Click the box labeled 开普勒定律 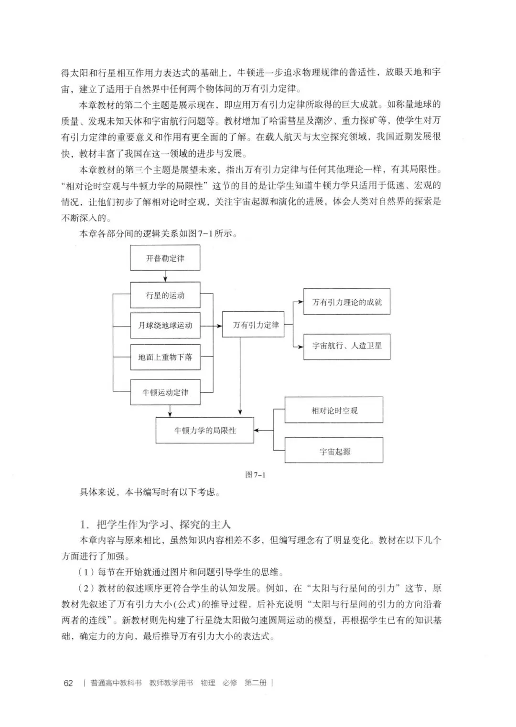click(165, 258)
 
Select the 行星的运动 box click(165, 295)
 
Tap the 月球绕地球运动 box click(165, 326)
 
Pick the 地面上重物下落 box click(165, 357)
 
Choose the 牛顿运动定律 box click(165, 392)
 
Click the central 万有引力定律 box click(256, 325)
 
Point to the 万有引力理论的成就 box click(347, 302)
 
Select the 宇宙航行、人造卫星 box click(347, 346)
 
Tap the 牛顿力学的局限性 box click(205, 431)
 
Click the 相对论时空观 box click(334, 410)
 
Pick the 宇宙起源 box click(334, 451)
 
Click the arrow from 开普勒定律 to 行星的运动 click(165, 276)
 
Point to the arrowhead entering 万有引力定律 click(219, 326)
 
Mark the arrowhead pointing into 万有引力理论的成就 click(301, 302)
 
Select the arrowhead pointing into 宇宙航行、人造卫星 click(301, 346)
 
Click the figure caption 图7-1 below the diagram click(255, 474)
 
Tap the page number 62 click(68, 683)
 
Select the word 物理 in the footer click(208, 683)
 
